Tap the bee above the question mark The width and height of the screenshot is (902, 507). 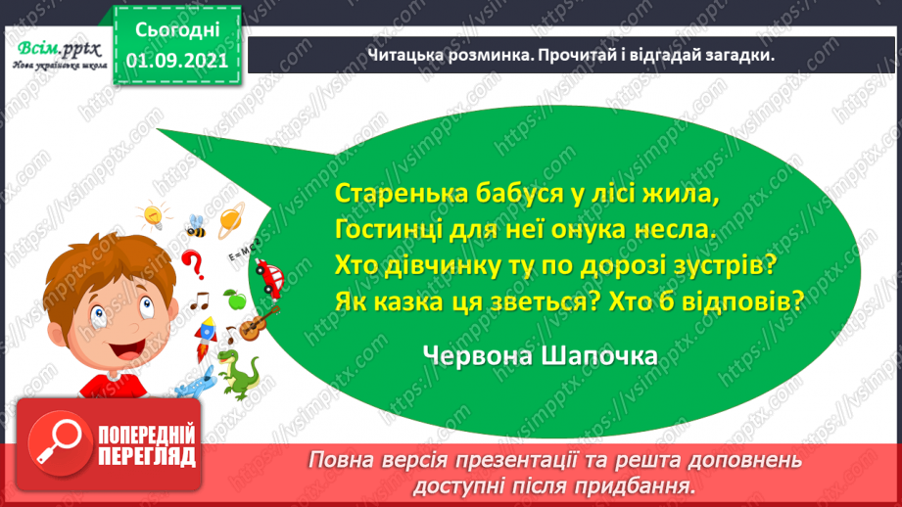point(195,226)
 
